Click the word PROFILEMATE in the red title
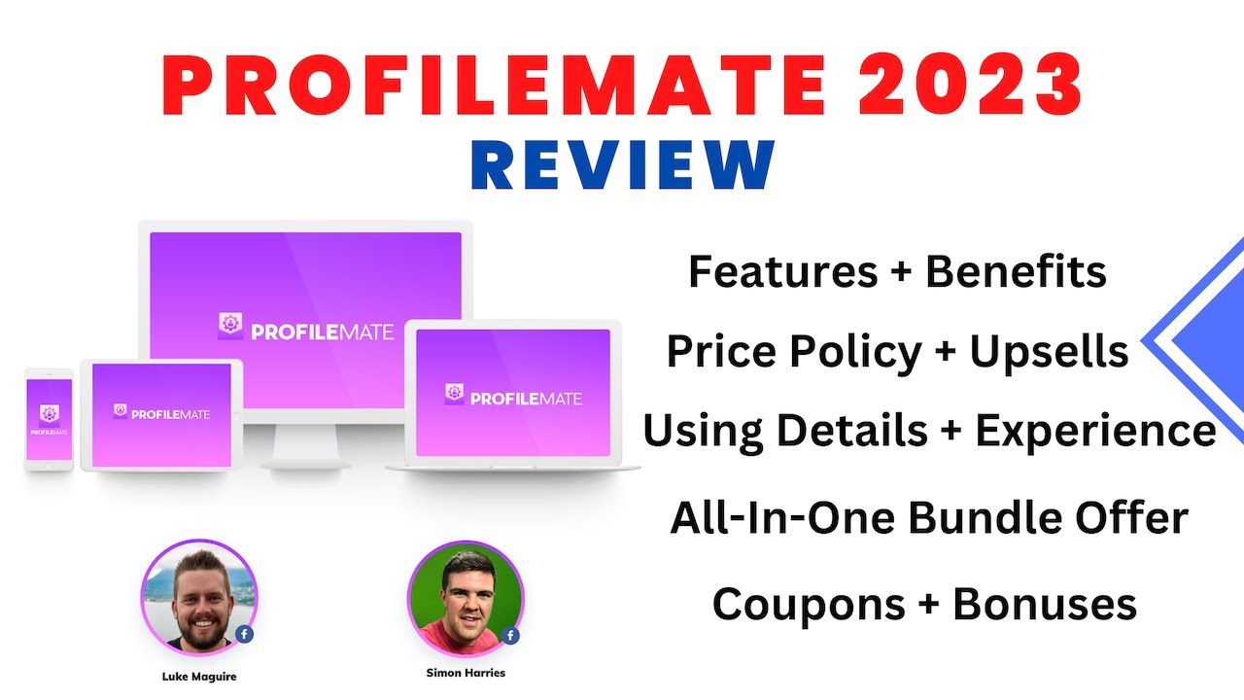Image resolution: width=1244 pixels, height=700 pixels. point(486,86)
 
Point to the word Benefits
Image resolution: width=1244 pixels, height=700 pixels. point(1016,272)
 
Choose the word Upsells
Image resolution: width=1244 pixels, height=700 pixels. point(1049,352)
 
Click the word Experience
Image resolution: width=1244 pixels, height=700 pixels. point(1095,431)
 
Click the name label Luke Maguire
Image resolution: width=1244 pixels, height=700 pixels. point(198,677)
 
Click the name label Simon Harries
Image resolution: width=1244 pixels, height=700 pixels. point(466,673)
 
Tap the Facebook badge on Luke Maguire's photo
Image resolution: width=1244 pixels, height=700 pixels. point(244,634)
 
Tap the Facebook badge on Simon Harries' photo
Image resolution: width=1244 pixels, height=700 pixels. point(510,636)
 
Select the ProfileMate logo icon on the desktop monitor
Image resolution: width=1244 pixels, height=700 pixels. point(231,327)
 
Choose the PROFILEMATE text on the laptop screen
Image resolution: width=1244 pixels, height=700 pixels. point(526,398)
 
